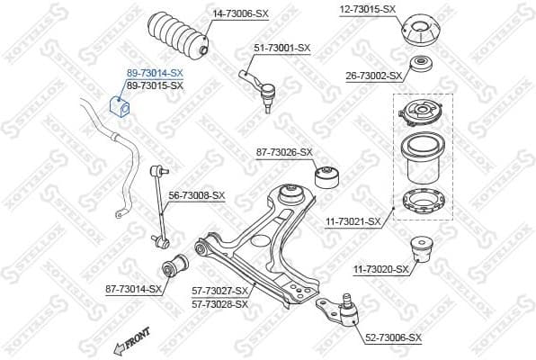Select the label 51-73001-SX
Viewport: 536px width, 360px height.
tap(281, 48)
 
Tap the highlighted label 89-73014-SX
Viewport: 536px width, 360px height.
tap(155, 72)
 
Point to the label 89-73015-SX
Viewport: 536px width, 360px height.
tap(155, 85)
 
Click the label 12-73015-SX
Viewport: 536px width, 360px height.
tap(367, 9)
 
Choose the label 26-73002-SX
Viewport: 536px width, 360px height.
tap(372, 76)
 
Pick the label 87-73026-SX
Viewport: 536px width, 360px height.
tap(283, 152)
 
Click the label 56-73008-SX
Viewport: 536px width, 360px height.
tap(197, 194)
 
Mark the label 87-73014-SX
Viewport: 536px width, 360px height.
tap(133, 289)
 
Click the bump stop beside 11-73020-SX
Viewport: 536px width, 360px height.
tap(422, 249)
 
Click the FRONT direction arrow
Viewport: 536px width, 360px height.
tap(129, 346)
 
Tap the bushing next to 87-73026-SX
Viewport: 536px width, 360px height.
tap(328, 172)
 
